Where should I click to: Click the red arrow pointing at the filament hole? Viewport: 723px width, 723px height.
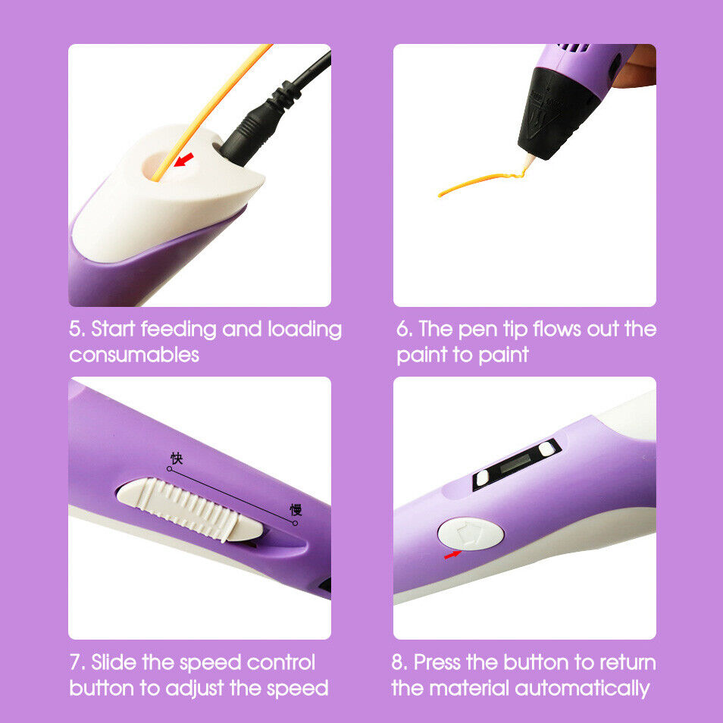tap(184, 160)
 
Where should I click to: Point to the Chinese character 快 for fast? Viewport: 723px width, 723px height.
tap(177, 458)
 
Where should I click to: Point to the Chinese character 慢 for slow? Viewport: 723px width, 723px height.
tap(296, 509)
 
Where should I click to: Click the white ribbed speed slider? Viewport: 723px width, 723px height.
tap(189, 509)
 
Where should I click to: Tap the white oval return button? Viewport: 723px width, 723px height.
tap(471, 533)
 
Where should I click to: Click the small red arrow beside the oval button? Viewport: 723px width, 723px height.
tap(452, 554)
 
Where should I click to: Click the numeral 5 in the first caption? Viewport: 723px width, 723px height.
tap(74, 329)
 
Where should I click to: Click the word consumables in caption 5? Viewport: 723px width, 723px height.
tap(134, 355)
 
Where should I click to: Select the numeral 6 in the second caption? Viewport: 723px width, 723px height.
tap(402, 329)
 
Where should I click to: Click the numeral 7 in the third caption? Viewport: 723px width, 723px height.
tap(75, 662)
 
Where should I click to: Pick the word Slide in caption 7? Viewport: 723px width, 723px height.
tap(114, 662)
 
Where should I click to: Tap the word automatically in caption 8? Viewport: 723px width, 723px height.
tap(582, 689)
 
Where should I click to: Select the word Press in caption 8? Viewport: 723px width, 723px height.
tap(437, 662)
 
